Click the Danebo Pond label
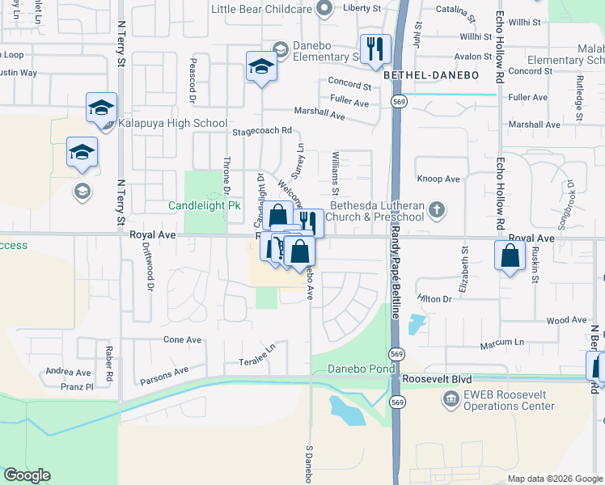pyautogui.click(x=361, y=369)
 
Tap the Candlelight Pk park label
pyautogui.click(x=205, y=206)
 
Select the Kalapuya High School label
pyautogui.click(x=172, y=123)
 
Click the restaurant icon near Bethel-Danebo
pyautogui.click(x=375, y=48)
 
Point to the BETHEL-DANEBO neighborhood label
pyautogui.click(x=431, y=75)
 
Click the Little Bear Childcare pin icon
pyautogui.click(x=325, y=9)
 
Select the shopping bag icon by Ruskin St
pyautogui.click(x=510, y=256)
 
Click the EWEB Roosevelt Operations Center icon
pyautogui.click(x=451, y=398)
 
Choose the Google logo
pyautogui.click(x=27, y=475)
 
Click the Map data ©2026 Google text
pyautogui.click(x=554, y=479)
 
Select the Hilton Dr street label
pyautogui.click(x=434, y=299)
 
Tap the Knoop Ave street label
pyautogui.click(x=438, y=179)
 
